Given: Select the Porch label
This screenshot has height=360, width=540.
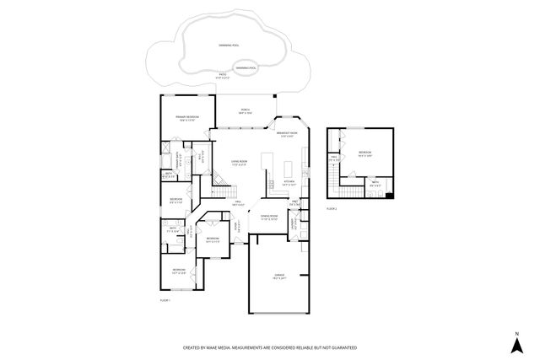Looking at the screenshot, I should [245, 110].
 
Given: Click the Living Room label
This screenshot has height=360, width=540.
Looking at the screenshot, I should [239, 162].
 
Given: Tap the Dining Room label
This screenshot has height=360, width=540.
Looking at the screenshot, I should [269, 217].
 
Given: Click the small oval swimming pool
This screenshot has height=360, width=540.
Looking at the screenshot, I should [246, 67].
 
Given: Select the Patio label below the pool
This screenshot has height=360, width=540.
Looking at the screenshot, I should [223, 76].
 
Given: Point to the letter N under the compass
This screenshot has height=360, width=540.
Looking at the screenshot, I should [515, 346].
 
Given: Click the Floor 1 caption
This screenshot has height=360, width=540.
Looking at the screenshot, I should [165, 300].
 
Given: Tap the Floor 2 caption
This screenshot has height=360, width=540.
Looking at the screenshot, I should [331, 208].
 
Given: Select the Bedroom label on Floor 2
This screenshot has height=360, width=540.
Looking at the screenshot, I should [364, 153].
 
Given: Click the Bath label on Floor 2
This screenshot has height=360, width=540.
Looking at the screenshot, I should [374, 181].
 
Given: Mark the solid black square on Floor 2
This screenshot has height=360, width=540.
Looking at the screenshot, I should [389, 196].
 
